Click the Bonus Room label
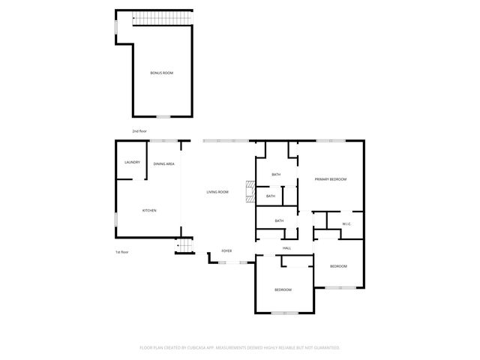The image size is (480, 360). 162,73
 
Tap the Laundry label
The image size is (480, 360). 132,162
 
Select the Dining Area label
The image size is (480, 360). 164,163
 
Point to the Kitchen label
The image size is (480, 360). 149,211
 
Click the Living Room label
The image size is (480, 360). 217,193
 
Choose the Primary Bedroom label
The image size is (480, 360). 330,179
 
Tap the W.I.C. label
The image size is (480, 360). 347,224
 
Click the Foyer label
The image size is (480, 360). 226,250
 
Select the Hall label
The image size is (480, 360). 286,248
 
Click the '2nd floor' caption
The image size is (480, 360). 139,131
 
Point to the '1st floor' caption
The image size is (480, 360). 122,252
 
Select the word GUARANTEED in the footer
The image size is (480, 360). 324,348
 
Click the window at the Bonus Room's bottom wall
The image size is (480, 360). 163,116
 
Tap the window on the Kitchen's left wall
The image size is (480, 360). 115,219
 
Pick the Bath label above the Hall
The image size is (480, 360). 279,220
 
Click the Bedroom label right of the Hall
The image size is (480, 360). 339,267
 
